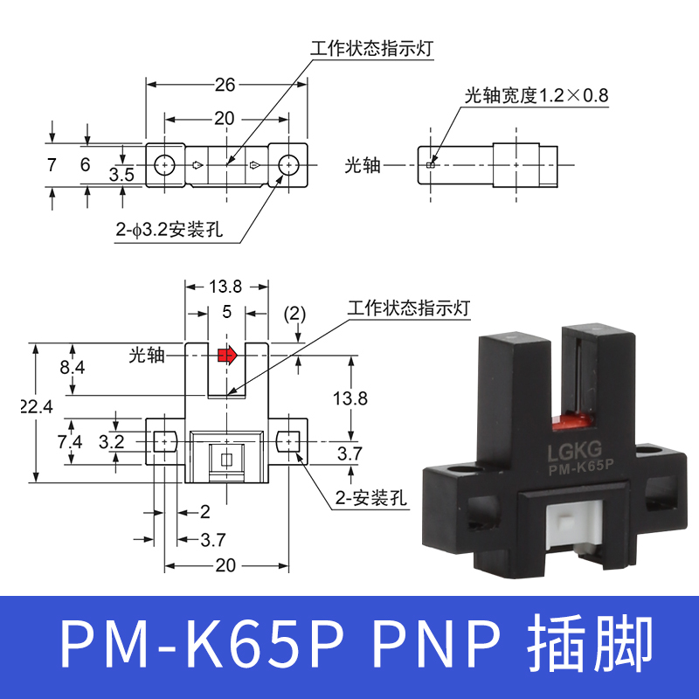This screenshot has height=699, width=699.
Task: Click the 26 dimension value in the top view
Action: (x=225, y=85)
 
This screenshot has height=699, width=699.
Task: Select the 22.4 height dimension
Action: (x=35, y=406)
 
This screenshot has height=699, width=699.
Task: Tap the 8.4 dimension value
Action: (x=73, y=368)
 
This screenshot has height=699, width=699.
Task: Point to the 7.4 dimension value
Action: (x=72, y=441)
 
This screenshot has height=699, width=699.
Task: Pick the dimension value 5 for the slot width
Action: (x=226, y=310)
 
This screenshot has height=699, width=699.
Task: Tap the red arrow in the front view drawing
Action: (x=227, y=355)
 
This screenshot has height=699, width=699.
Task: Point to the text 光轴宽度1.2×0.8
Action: (x=536, y=95)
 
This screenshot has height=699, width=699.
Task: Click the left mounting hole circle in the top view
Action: (x=163, y=164)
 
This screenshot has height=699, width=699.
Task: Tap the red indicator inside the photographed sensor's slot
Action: (x=573, y=425)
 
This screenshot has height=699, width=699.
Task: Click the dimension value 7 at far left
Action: (x=52, y=164)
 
